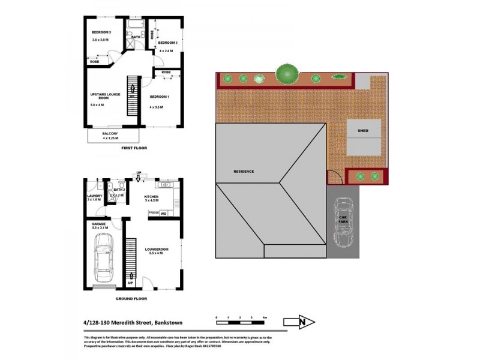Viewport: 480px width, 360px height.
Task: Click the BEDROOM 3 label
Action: coord(101,32)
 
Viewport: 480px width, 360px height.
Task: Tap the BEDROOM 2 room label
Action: coord(167,43)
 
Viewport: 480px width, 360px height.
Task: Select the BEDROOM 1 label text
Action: coord(160,97)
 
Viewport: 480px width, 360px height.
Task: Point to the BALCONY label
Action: coord(110,133)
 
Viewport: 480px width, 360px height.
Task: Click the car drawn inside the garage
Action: coord(103,258)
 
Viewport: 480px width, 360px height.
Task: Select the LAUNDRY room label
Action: coord(95,195)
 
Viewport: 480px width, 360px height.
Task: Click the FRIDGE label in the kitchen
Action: coord(154,213)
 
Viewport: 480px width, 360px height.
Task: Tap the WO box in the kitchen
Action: coord(163,213)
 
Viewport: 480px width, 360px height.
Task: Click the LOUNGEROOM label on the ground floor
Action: coord(156,249)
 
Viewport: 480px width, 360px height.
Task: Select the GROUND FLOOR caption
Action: coord(132,298)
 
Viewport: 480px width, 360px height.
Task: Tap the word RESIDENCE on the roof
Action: coord(244,172)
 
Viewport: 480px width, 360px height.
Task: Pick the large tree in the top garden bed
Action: coord(287,74)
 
